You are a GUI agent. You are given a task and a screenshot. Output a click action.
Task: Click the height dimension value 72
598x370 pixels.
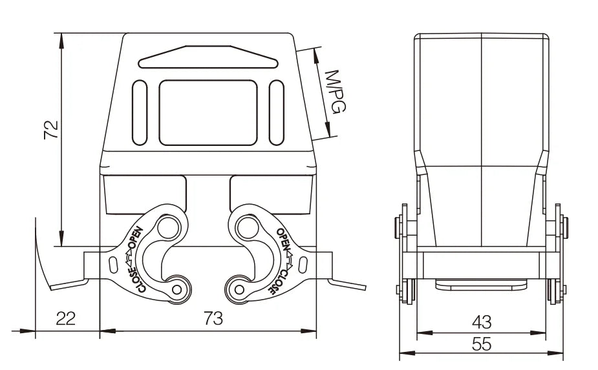(x=51, y=130)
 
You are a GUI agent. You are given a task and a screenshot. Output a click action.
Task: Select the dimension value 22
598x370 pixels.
(x=65, y=318)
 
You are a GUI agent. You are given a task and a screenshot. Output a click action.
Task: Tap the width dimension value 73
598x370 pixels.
(x=213, y=318)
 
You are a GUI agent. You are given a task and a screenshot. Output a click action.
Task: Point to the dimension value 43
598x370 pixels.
(x=482, y=322)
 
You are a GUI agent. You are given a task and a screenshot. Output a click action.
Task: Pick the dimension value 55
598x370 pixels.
(x=482, y=344)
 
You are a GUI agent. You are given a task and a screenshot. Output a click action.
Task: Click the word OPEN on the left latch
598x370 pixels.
(x=136, y=238)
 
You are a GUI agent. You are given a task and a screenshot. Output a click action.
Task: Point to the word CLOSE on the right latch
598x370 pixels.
(x=279, y=282)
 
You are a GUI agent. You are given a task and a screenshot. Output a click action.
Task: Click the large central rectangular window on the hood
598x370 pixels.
(x=208, y=113)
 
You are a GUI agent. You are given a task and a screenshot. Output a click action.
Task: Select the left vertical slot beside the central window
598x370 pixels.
(x=140, y=113)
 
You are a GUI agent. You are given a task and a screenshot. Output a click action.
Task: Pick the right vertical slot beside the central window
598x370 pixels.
(x=277, y=113)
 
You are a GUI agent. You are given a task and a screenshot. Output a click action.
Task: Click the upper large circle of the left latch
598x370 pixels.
(x=168, y=228)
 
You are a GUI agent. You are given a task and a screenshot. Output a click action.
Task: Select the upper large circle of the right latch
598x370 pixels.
(x=248, y=228)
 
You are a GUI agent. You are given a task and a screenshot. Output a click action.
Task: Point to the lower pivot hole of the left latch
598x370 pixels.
(x=176, y=289)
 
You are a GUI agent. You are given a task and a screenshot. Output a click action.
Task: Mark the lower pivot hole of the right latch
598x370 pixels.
(x=239, y=289)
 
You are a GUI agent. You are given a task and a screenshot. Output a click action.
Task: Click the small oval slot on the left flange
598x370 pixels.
(x=113, y=265)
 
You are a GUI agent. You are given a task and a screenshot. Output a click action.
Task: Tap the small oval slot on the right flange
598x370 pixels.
(x=303, y=265)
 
